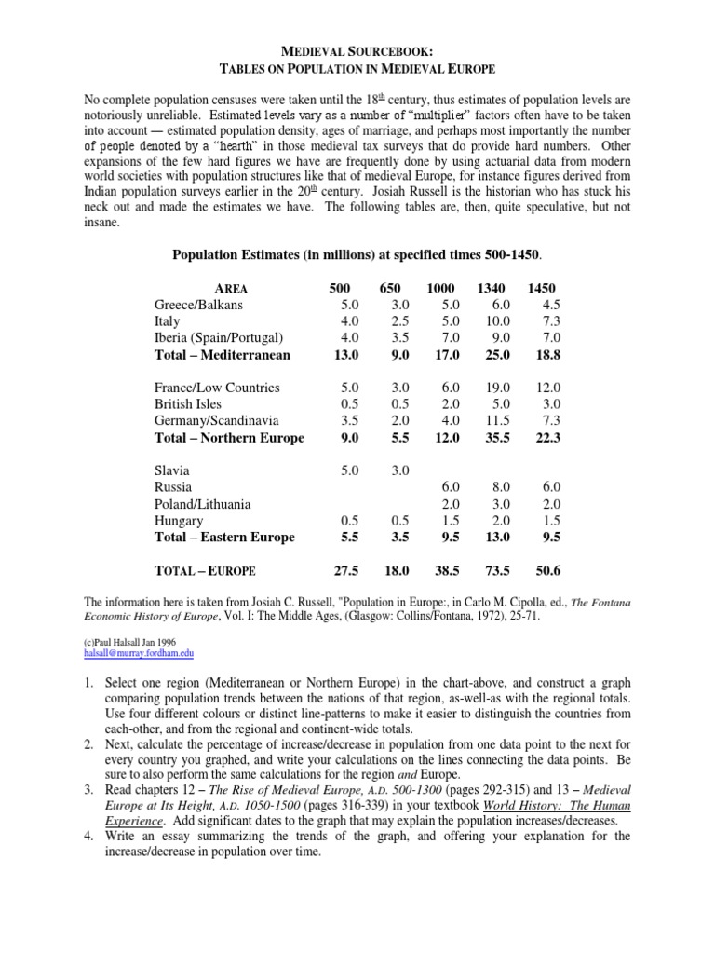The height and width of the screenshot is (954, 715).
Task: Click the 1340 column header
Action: (x=491, y=290)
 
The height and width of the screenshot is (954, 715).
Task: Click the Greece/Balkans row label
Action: (x=198, y=305)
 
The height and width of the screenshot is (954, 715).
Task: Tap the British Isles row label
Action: (x=189, y=403)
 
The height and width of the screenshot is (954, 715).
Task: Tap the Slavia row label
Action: (x=171, y=470)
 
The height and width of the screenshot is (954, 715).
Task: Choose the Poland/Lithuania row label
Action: (x=202, y=504)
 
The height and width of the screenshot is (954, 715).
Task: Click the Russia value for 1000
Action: (x=448, y=487)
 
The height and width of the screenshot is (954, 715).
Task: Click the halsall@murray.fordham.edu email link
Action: (x=130, y=654)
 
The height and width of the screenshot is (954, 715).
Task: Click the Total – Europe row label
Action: (x=205, y=570)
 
